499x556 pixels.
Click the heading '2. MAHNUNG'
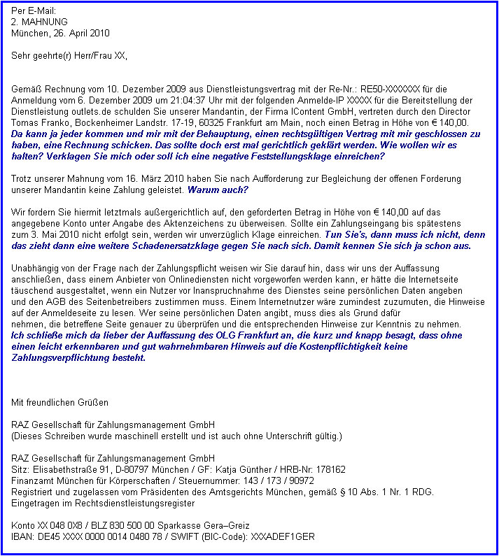tap(39, 22)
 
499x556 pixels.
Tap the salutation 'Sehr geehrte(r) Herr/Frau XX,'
tap(70, 55)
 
